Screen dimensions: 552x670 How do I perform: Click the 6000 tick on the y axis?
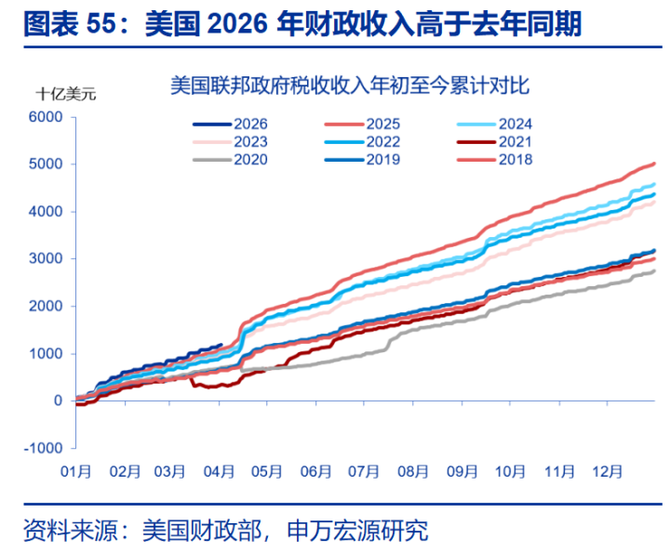45,117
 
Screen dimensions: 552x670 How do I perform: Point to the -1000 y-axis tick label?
43,448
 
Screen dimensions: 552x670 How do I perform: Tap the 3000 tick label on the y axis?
45,259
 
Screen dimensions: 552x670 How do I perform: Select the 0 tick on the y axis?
58,401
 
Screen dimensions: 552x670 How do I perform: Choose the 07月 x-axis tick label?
365,472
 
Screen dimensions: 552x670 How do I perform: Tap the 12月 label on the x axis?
606,472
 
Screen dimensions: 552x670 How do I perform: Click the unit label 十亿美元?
66,93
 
